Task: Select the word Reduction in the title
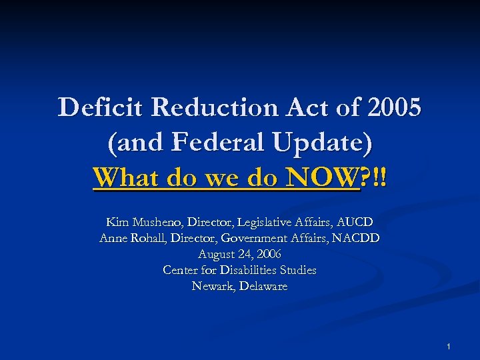(204, 108)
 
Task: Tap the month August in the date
(217, 254)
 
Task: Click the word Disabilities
(247, 270)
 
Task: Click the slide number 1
(449, 347)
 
